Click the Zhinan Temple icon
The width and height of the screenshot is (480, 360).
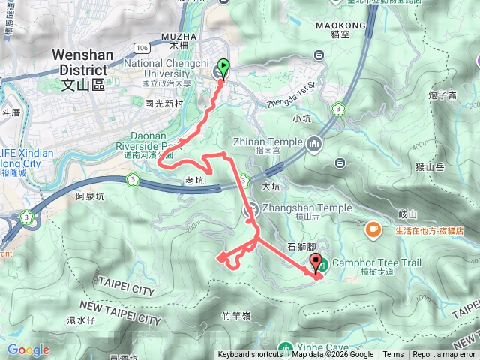314,141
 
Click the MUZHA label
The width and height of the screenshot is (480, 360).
179,36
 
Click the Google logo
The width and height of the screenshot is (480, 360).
28,349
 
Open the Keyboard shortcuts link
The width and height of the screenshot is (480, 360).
250,355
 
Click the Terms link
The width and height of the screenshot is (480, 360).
393,355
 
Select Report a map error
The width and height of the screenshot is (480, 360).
444,355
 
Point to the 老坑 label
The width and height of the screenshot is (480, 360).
193,181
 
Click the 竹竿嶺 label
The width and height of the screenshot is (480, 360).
235,316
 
